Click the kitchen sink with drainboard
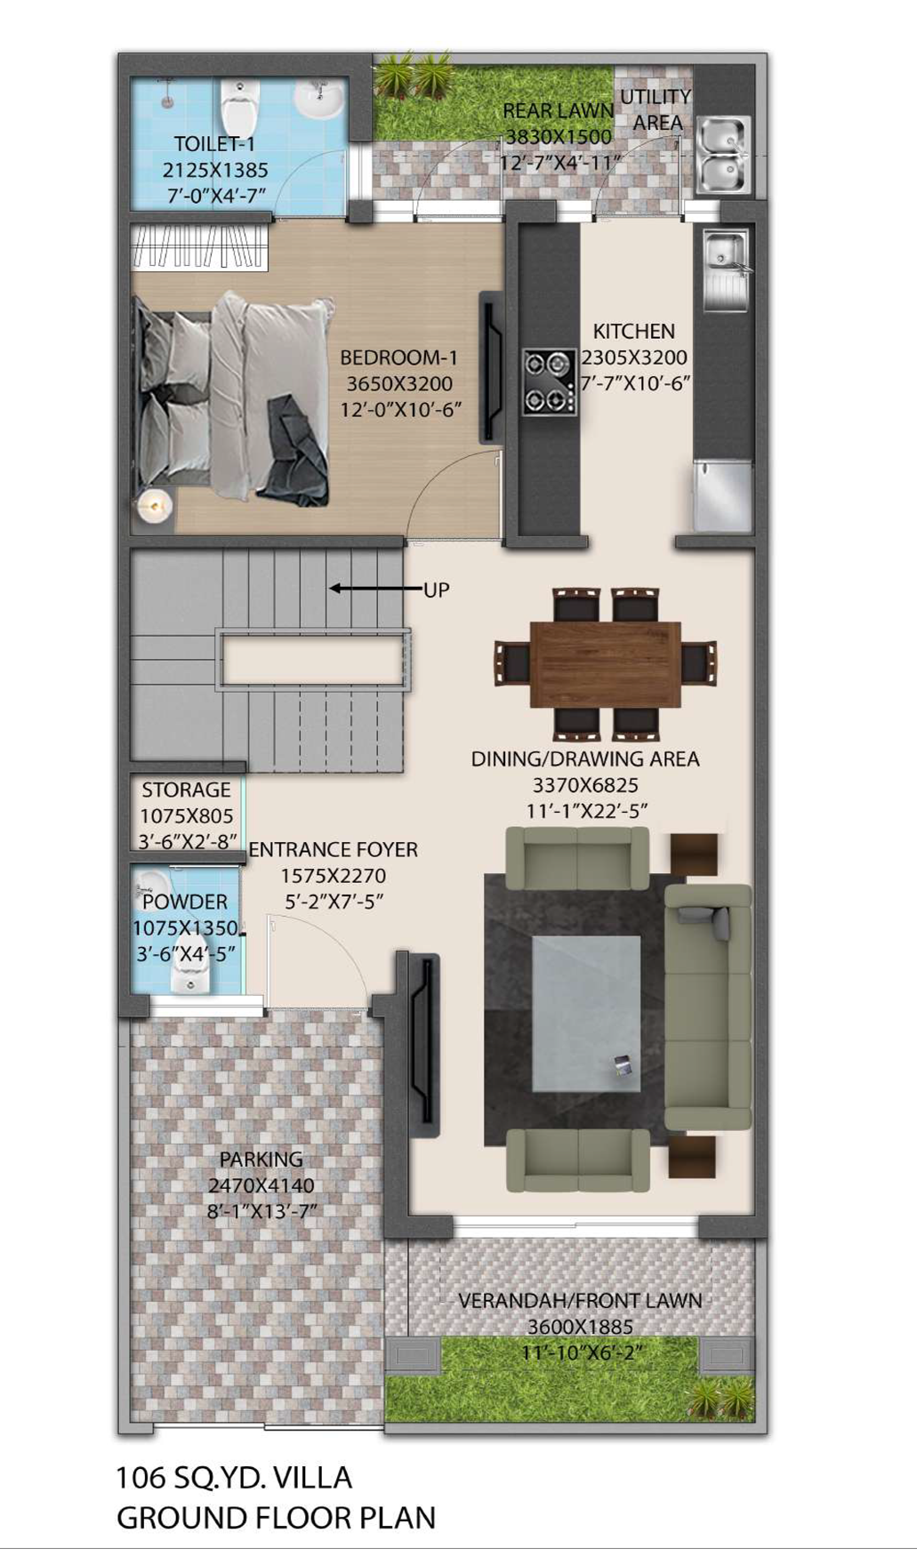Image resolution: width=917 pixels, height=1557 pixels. point(726,270)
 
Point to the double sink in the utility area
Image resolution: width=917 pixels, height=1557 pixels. point(722,154)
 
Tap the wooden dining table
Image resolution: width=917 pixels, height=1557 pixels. point(606,664)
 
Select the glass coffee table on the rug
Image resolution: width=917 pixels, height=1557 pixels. point(587,1014)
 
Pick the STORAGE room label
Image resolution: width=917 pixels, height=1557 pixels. point(186,790)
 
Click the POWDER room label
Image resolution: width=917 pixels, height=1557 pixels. point(185,902)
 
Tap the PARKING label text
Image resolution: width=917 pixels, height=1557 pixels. point(261,1159)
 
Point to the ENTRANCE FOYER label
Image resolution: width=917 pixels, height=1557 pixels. point(333,849)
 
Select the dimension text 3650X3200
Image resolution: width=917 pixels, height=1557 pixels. point(399,384)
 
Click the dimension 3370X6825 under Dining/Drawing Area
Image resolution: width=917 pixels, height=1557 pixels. point(585,785)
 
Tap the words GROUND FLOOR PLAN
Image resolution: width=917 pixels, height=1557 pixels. point(276,1518)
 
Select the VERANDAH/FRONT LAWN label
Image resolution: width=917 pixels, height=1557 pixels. point(580,1300)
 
